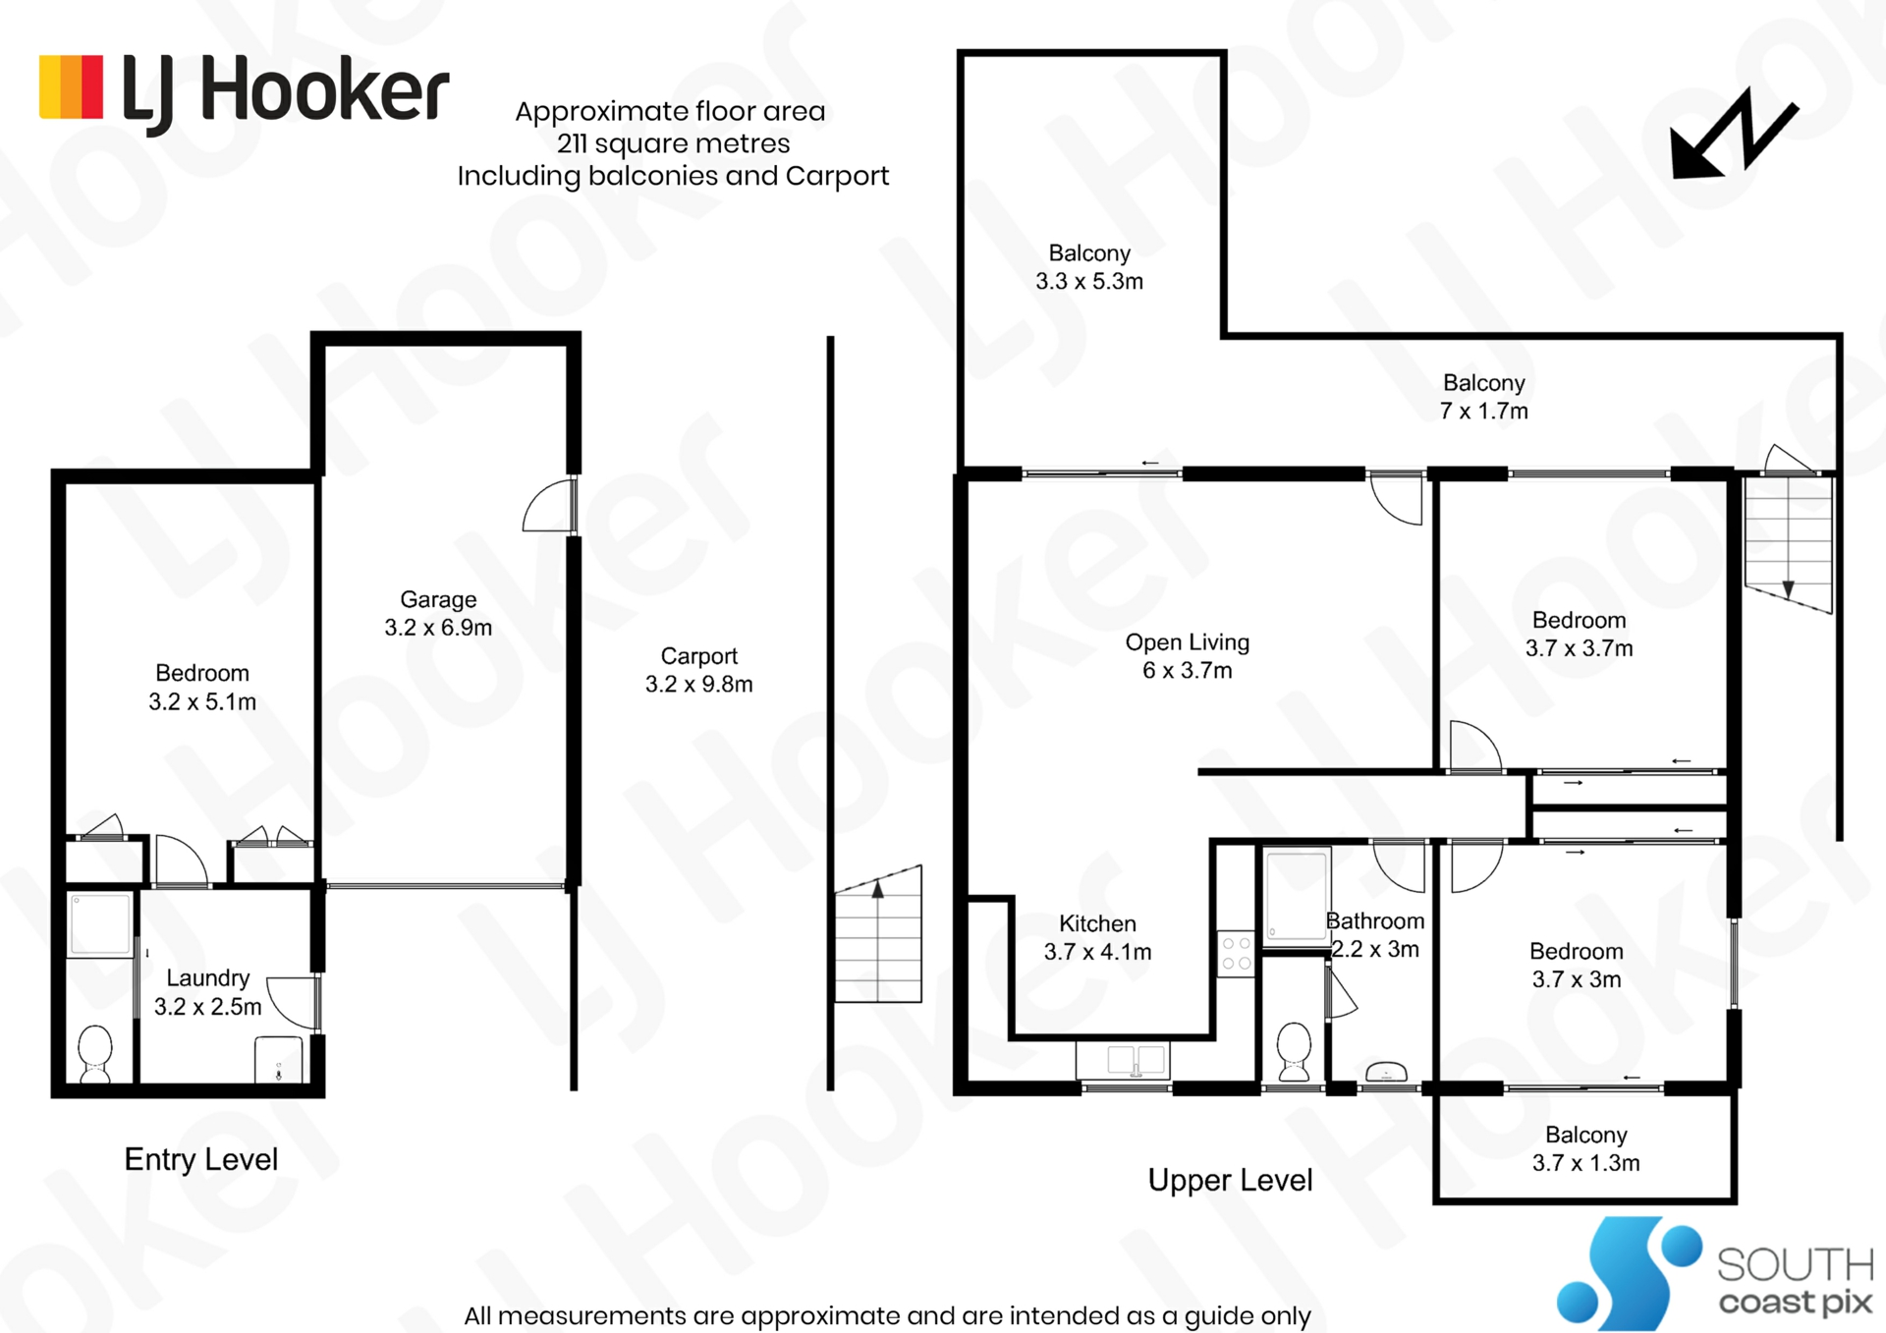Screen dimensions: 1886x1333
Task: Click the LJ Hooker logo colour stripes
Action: (71, 87)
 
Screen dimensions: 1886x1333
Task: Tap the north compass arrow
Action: (1735, 135)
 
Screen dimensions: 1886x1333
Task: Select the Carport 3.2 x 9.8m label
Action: (698, 670)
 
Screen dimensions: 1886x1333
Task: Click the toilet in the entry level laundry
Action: (95, 1054)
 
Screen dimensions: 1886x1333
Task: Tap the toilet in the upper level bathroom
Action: (1294, 1052)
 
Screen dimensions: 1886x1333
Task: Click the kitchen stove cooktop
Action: (1237, 954)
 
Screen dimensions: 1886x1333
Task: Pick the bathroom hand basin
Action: (1386, 1072)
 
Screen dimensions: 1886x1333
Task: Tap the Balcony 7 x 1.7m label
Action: (1484, 397)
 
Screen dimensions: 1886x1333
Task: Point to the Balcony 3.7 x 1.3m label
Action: (1586, 1149)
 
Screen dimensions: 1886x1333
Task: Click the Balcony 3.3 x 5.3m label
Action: (1089, 267)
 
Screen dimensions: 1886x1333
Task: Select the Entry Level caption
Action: (201, 1160)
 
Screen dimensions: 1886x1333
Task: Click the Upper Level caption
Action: (1230, 1181)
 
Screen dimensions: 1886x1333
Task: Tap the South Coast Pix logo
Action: (1715, 1273)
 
